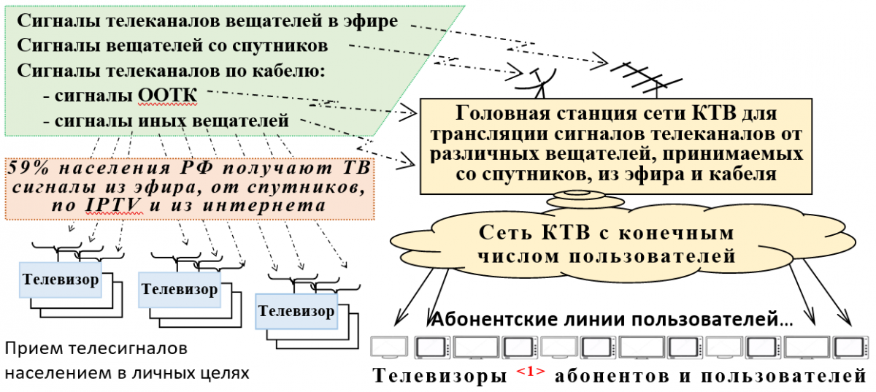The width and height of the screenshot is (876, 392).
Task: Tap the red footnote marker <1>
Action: point(530,372)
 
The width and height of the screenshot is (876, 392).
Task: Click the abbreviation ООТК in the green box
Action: point(174,96)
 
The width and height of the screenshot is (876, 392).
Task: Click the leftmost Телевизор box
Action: point(61,280)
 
